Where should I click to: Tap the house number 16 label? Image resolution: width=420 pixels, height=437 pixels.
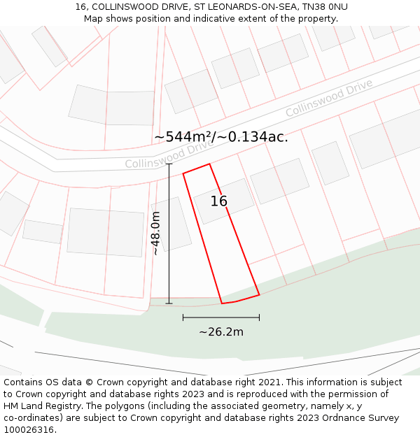tap(219, 201)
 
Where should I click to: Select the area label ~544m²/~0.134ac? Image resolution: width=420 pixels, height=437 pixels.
tap(220, 137)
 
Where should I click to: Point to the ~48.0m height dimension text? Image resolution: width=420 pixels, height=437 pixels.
tap(155, 234)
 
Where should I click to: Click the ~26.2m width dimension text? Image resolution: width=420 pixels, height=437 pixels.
tap(221, 331)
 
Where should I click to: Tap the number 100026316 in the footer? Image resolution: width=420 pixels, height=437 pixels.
tap(30, 430)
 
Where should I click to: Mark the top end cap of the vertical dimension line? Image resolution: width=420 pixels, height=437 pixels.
tap(169, 164)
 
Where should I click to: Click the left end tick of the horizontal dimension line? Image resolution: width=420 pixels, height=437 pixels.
tap(183, 317)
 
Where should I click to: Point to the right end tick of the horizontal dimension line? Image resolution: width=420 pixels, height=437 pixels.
tap(259, 317)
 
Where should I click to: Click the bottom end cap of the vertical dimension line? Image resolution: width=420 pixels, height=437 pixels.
tap(169, 303)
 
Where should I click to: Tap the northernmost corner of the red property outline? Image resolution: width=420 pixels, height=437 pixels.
tap(209, 164)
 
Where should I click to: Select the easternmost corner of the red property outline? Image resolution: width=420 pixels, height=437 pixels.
tap(259, 294)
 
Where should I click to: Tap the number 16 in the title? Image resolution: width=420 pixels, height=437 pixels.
tap(80, 7)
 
